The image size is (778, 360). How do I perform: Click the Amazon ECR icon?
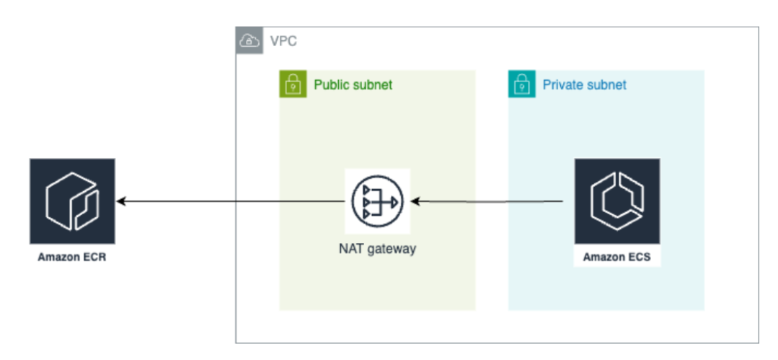coord(72,201)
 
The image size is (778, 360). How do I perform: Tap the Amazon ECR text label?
coord(72,258)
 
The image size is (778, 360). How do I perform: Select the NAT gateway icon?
coord(378,201)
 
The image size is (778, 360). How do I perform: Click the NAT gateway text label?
coord(377,248)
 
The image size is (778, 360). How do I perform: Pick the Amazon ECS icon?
coord(617,201)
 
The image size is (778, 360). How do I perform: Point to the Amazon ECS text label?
coord(616,258)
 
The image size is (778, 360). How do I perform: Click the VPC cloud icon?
coord(249,40)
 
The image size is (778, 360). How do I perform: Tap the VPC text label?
coord(283,40)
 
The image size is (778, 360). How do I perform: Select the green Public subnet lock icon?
coord(293,84)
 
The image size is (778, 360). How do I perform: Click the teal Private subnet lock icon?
coord(522,84)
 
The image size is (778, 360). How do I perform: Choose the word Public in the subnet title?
coord(331,84)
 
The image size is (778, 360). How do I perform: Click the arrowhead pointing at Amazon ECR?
coord(120,201)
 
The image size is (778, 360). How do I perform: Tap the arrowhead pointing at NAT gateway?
coord(417,201)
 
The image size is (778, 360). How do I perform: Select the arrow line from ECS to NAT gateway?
coord(487,201)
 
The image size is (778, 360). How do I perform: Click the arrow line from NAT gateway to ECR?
coord(230,201)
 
